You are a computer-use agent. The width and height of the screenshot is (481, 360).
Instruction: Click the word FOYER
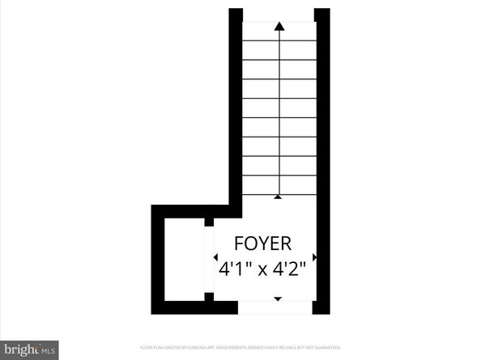(263, 243)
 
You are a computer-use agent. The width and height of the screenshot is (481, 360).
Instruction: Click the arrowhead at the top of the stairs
(279, 26)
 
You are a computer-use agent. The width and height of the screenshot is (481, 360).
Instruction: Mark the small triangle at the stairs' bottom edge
(279, 196)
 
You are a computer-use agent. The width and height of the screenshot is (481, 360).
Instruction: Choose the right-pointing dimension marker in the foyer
(313, 257)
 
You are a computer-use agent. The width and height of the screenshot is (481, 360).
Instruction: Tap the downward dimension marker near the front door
(279, 299)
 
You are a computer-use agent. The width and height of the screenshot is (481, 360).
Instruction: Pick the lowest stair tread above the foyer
(279, 186)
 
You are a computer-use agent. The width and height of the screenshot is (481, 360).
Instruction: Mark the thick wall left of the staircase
(236, 105)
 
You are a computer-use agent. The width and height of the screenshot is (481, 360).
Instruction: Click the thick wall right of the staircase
(322, 105)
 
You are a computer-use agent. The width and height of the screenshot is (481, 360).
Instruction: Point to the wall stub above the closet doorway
(209, 221)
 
